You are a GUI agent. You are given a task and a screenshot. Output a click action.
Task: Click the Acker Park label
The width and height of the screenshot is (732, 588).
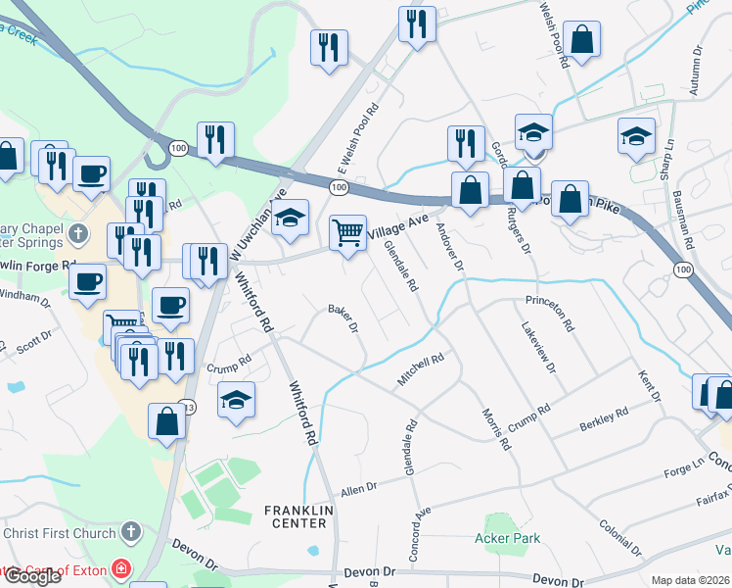click(x=506, y=538)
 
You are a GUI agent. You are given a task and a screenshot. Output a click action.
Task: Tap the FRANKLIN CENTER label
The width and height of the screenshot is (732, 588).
click(x=299, y=517)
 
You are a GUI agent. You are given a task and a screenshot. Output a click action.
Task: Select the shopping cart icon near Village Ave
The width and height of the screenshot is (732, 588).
click(x=347, y=233)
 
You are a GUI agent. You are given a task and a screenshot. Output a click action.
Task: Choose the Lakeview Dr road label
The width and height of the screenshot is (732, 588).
click(x=538, y=349)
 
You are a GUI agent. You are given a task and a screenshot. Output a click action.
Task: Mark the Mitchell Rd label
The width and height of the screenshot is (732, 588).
click(x=421, y=369)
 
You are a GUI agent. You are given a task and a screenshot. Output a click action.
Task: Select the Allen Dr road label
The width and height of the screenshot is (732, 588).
click(x=358, y=487)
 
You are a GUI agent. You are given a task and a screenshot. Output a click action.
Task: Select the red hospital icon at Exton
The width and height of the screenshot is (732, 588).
click(x=120, y=568)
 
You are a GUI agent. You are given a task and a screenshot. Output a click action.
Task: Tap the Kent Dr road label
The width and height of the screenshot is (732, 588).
click(x=651, y=386)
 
